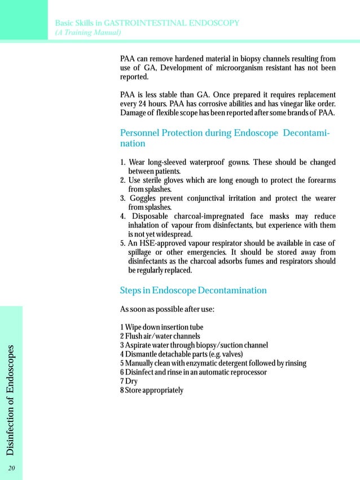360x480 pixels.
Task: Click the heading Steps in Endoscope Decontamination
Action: pyautogui.click(x=193, y=290)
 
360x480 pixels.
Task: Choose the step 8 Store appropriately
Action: pyautogui.click(x=151, y=390)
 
